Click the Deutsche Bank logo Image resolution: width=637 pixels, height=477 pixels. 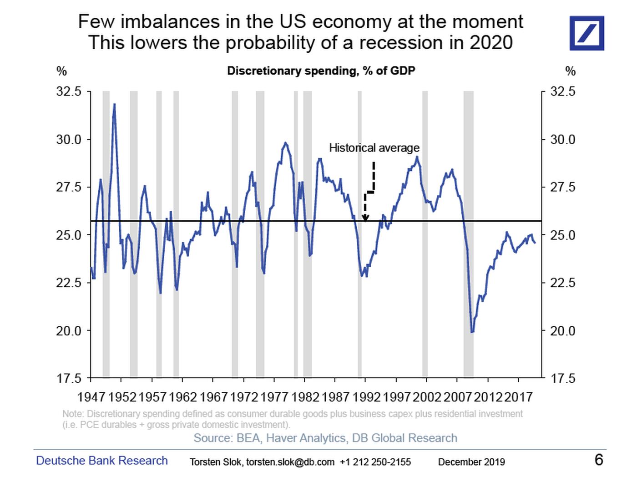coord(586,33)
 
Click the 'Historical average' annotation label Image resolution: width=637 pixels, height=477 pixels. coord(374,148)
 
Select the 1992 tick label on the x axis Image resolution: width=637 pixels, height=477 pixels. coord(366,397)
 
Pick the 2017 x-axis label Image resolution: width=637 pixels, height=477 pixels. coord(519,397)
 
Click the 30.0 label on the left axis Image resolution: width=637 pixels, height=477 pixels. coord(69,140)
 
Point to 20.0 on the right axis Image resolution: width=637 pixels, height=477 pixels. coord(562,331)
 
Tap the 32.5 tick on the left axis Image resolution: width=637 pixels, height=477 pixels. coord(69,91)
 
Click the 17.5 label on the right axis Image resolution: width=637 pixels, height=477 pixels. coord(562,379)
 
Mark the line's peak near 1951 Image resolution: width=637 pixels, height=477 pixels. coord(114,104)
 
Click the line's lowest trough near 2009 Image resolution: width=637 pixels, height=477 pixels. coord(472,332)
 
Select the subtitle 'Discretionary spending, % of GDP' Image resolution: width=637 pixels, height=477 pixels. coord(321,71)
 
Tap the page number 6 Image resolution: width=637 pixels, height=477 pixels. coord(599,460)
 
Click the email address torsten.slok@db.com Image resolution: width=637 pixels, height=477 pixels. coord(290,462)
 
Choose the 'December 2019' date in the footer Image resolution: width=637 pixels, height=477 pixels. coord(471,462)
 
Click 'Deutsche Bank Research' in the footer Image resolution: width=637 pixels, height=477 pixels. coord(102,461)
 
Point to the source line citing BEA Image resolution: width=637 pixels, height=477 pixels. coord(325,438)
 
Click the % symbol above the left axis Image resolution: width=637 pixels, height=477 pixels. coord(61,71)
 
